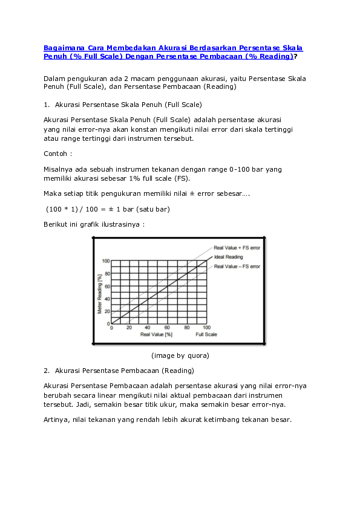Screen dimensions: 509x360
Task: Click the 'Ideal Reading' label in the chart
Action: tap(228, 257)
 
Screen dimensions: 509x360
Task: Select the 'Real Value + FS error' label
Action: tap(237, 248)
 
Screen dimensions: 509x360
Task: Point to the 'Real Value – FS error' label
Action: tap(237, 266)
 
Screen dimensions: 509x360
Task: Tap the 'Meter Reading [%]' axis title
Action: tap(100, 293)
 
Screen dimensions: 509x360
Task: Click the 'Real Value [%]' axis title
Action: tap(156, 334)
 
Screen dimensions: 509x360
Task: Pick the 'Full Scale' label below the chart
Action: tap(206, 334)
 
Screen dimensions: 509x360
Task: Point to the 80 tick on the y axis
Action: tap(107, 274)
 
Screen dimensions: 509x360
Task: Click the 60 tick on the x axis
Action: tap(168, 328)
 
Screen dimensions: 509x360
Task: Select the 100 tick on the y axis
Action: tap(106, 261)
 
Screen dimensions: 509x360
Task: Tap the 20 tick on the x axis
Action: tap(129, 328)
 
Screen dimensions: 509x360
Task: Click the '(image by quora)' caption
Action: tap(180, 355)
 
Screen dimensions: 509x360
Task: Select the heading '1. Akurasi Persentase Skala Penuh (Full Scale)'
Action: tap(123, 105)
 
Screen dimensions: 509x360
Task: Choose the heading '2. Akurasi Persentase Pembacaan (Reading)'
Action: tap(119, 370)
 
